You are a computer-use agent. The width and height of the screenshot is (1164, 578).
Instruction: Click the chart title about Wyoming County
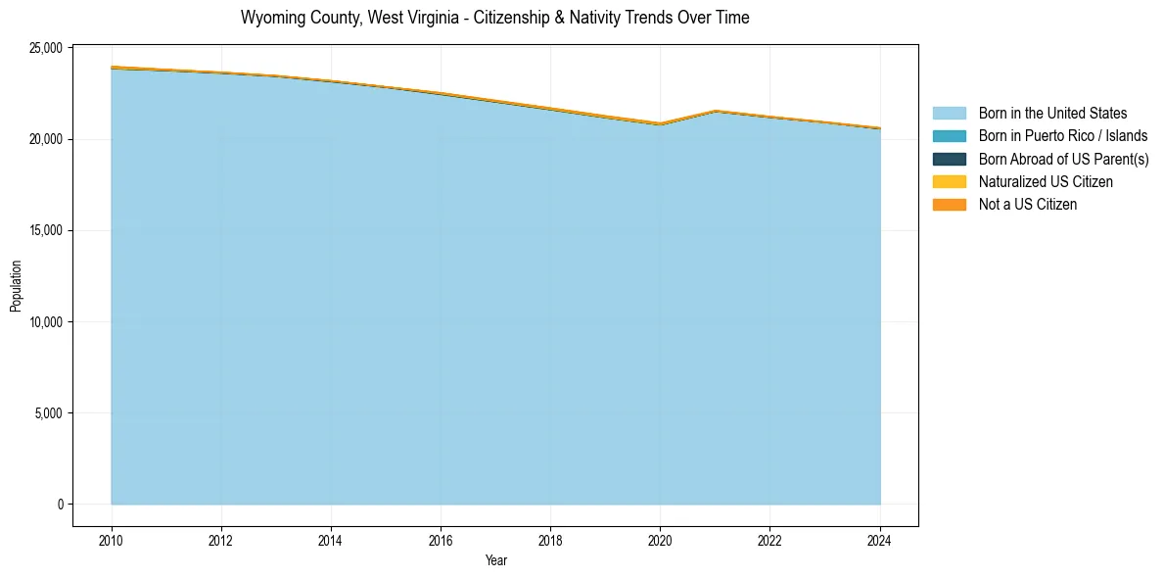coord(494,18)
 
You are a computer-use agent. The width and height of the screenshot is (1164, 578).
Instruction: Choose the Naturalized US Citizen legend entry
coord(1046,181)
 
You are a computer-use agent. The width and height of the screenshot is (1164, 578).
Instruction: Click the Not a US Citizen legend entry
coord(1027,204)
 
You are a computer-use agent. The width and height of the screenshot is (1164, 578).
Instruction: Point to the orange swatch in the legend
coord(949,204)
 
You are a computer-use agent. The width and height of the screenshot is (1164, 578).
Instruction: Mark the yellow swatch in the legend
coord(949,181)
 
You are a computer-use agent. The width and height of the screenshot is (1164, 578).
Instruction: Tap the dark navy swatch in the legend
coord(949,159)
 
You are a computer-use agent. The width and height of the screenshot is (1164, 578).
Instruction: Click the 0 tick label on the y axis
coord(60,505)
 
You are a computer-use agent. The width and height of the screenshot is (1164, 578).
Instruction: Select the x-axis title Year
coord(496,560)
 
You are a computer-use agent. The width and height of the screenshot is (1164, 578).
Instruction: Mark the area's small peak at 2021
coord(716,112)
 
